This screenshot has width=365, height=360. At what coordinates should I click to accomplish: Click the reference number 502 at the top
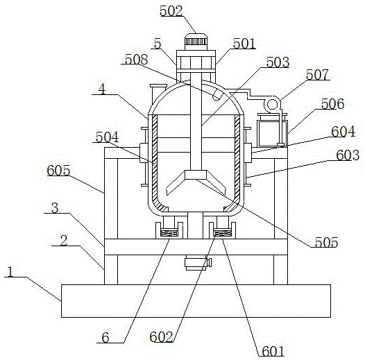coord(171,11)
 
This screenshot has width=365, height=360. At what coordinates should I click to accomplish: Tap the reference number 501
coord(244,43)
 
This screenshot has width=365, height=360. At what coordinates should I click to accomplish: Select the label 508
coord(136,60)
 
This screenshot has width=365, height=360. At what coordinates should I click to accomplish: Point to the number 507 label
coord(317,74)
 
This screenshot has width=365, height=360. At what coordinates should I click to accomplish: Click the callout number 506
coord(332,104)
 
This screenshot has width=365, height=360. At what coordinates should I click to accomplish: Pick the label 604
coord(343,132)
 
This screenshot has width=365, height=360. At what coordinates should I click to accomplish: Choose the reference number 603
coord(348,155)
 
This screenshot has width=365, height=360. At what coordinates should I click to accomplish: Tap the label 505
coord(326,242)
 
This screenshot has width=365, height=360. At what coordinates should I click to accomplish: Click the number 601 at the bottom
coord(273,351)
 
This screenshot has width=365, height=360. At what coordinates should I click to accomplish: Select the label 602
coord(161,336)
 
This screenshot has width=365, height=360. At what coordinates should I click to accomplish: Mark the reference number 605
coord(58,171)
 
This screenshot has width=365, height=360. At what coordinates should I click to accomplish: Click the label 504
coord(107,137)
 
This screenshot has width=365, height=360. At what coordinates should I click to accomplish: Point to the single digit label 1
coord(10,272)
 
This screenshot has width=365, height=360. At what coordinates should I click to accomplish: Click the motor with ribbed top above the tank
coord(196,42)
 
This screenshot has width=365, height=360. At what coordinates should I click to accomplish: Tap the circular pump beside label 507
coord(272,104)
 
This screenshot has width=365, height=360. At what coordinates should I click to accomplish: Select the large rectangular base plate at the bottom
coord(196,300)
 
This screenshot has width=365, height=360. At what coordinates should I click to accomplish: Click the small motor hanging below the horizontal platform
coord(198,262)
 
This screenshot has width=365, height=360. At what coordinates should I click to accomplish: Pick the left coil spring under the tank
coord(169,232)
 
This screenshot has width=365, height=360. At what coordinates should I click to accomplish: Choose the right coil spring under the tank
coord(222,232)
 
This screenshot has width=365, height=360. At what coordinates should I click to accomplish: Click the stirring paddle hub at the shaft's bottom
coord(196,175)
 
